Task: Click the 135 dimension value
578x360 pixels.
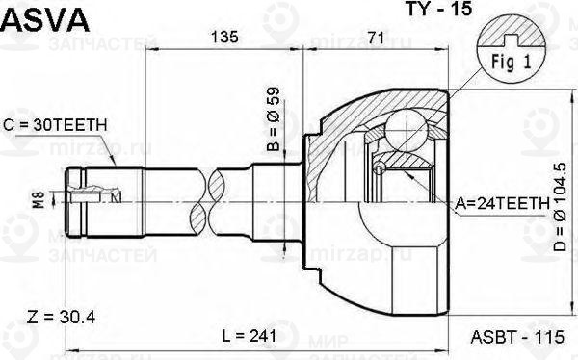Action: (x=225, y=39)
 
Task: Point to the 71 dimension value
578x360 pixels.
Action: (x=377, y=39)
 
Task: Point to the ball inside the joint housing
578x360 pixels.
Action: (x=404, y=127)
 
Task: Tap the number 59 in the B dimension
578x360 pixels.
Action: (x=274, y=99)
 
